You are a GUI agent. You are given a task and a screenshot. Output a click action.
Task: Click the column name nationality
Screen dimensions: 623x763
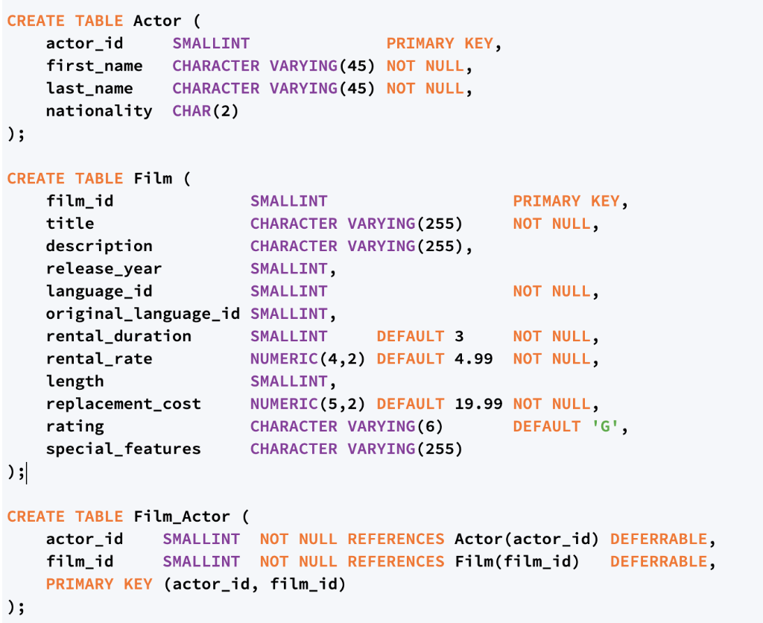(x=98, y=111)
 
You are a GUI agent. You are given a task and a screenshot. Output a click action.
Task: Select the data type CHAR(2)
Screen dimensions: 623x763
(x=205, y=111)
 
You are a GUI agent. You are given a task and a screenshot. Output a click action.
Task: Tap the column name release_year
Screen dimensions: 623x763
(x=104, y=269)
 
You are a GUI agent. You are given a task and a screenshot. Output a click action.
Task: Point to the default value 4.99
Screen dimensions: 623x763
(x=474, y=359)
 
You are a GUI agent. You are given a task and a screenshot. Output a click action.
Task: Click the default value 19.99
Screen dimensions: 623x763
(x=478, y=404)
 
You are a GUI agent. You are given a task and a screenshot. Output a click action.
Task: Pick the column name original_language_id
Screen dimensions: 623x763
(x=143, y=314)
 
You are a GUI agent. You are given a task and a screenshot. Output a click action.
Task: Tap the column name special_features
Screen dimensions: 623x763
(x=123, y=449)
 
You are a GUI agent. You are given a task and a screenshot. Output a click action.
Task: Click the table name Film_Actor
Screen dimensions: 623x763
(x=182, y=516)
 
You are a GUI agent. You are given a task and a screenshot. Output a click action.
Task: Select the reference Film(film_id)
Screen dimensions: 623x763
(x=517, y=561)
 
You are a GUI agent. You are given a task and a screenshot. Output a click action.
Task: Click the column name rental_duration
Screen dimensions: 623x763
(x=118, y=336)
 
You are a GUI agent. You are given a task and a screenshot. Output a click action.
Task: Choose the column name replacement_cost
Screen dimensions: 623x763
(x=123, y=404)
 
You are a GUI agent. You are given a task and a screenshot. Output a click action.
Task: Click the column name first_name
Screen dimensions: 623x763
(x=94, y=66)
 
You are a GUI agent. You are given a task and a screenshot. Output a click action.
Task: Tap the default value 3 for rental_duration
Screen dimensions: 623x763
(x=459, y=336)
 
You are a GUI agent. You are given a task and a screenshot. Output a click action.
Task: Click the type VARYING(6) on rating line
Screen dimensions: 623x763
(x=395, y=426)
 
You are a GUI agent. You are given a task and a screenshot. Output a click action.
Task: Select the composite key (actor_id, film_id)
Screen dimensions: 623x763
(x=255, y=584)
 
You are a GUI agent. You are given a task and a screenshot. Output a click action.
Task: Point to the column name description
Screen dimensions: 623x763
(x=99, y=246)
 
